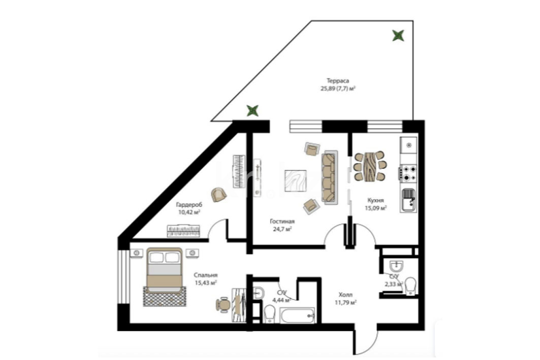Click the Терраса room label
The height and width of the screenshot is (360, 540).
(337, 81)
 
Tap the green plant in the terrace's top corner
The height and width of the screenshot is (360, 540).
(398, 36)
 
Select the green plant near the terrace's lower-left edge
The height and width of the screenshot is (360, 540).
(252, 111)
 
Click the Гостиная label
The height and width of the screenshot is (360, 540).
(282, 221)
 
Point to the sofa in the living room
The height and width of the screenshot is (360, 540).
(330, 177)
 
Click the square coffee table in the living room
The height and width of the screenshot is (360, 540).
(296, 181)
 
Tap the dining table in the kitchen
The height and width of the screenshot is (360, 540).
(370, 166)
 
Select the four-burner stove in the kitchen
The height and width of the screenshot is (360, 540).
(408, 173)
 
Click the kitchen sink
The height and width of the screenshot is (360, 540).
(408, 200)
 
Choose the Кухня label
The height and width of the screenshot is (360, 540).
(375, 200)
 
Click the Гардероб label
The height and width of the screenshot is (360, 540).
(189, 205)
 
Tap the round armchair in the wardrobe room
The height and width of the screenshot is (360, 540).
(218, 195)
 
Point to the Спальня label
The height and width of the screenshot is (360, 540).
(206, 275)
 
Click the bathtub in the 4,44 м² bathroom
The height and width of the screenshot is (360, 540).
(297, 316)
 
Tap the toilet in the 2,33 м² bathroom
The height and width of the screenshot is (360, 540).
(410, 286)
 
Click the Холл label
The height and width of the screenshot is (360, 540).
(345, 295)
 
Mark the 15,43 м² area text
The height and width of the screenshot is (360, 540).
(206, 283)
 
